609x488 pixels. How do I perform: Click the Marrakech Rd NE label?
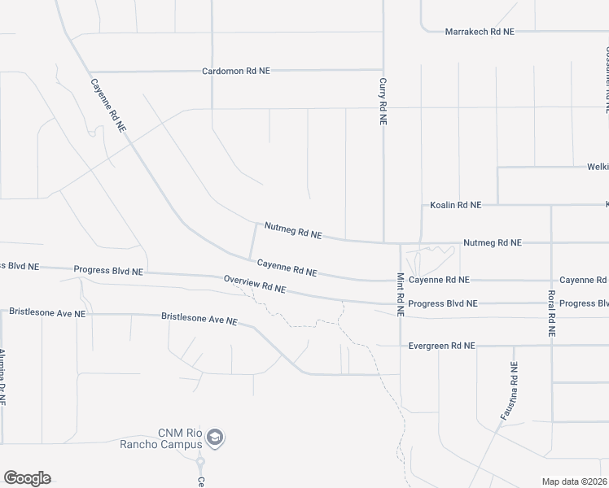pos(480,32)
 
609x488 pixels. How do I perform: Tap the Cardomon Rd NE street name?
pos(235,72)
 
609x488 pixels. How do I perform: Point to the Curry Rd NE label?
pos(383,101)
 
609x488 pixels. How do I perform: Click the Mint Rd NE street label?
pos(401,294)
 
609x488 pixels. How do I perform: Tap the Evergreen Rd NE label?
pos(441,346)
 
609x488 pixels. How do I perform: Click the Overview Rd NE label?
pos(255,285)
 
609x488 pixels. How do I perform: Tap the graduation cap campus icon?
pos(215,438)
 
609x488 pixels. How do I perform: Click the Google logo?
pos(27,478)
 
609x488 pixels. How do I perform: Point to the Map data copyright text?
pos(575,481)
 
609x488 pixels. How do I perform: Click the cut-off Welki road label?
pos(598,166)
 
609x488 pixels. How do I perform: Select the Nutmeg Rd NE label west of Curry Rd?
pos(293,230)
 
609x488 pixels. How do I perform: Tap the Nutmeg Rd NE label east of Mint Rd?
pos(492,242)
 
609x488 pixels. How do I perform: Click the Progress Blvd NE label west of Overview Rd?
pos(108,270)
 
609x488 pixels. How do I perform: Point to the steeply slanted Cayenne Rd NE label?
pos(108,105)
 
